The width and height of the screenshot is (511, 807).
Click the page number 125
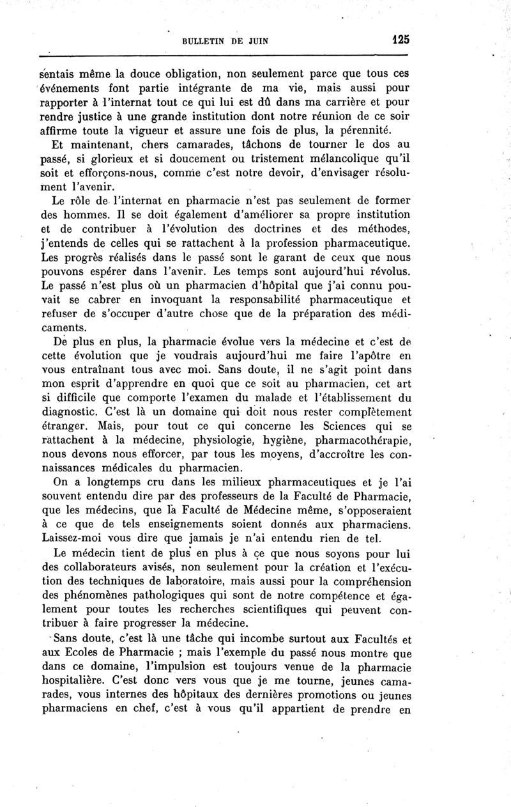pos(400,40)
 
